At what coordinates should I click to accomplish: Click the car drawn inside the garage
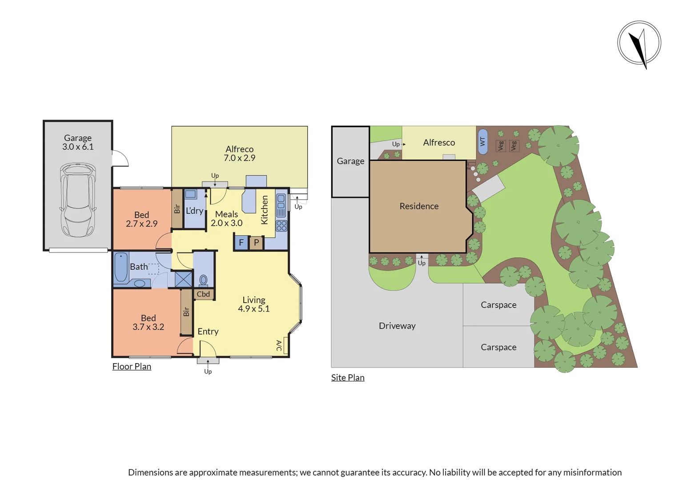(78, 200)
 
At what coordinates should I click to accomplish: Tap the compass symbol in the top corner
(639, 44)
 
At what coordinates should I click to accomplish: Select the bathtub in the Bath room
(121, 267)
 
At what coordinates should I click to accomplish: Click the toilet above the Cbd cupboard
(203, 280)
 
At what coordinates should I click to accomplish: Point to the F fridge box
(241, 243)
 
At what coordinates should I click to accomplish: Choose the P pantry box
(256, 243)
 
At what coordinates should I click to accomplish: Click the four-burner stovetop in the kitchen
(281, 226)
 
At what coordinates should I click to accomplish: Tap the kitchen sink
(281, 205)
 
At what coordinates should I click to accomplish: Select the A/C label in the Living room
(279, 345)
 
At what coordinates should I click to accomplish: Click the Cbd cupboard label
(203, 294)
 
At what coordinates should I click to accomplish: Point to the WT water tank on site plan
(482, 142)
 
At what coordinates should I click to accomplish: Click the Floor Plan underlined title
(132, 367)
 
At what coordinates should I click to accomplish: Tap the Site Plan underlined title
(348, 378)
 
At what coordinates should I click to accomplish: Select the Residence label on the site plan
(419, 206)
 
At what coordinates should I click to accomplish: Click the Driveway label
(397, 326)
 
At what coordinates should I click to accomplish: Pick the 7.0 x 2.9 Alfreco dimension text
(239, 158)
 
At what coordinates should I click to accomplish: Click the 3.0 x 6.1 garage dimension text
(78, 147)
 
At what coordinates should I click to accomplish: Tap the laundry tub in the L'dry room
(190, 194)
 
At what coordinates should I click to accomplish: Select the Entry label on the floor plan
(208, 332)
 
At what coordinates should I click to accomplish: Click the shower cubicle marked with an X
(183, 279)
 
